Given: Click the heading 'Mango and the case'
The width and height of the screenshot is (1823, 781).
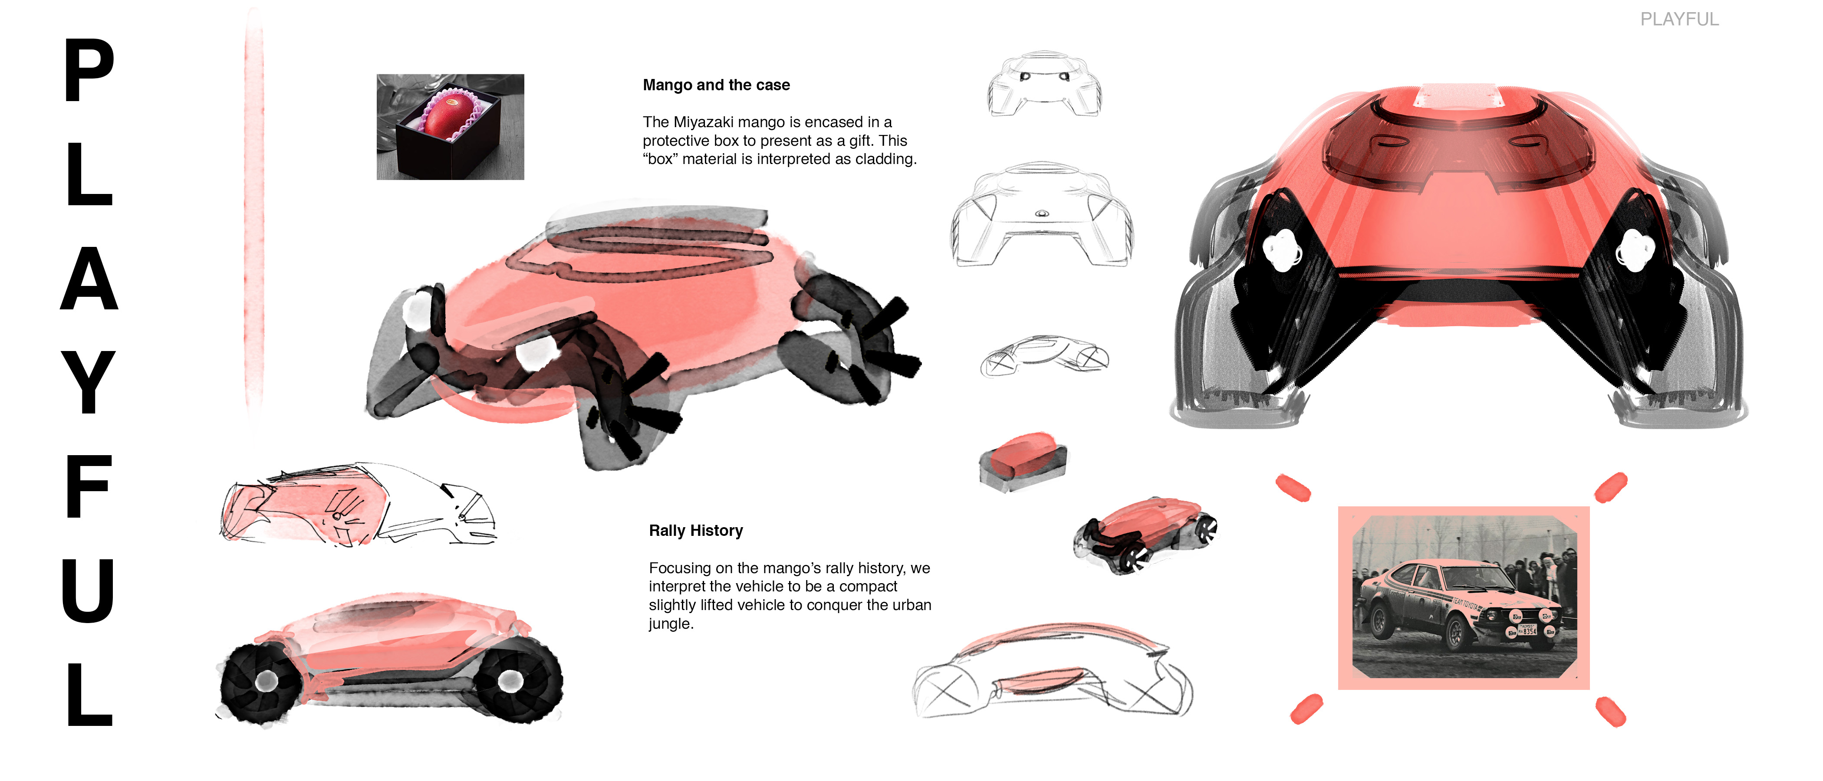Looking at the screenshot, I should [716, 85].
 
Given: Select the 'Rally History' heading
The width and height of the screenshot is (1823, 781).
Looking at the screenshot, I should [696, 531].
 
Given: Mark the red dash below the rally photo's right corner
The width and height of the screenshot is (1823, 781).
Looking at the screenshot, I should [1611, 711].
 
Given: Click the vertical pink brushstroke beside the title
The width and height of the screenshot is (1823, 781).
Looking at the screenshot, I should [253, 212].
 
